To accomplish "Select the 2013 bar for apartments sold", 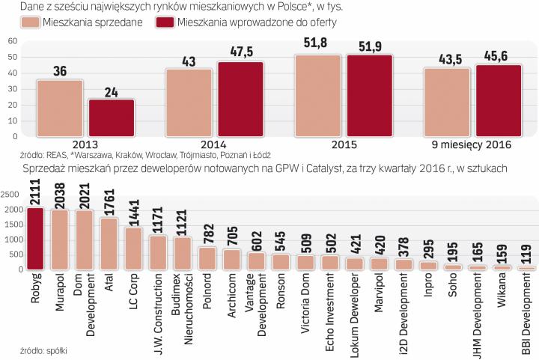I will (x=59, y=109).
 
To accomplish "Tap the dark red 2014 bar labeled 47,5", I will (x=241, y=100).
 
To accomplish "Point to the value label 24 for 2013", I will (x=111, y=90).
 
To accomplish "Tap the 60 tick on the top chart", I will (x=13, y=39).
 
